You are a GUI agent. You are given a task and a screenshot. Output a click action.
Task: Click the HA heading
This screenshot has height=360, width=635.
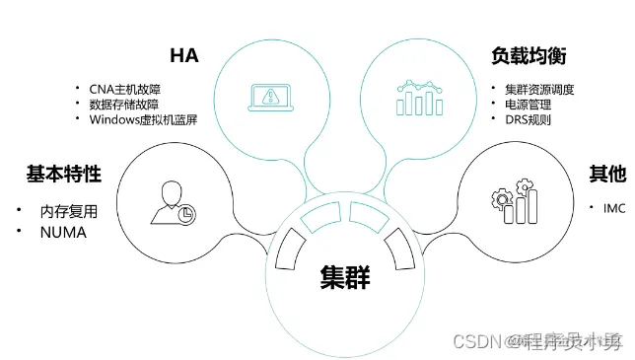click(184, 56)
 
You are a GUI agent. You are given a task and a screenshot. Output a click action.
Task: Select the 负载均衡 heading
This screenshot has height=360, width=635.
click(528, 56)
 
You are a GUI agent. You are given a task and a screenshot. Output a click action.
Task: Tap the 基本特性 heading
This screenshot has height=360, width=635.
click(63, 175)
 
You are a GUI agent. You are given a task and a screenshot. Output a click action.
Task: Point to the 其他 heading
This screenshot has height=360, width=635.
click(607, 175)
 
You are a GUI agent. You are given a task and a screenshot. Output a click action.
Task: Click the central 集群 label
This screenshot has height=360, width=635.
click(344, 278)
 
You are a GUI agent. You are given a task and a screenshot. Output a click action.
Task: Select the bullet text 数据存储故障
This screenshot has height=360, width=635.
click(123, 105)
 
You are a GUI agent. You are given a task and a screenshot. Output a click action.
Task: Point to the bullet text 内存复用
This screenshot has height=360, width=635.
click(69, 211)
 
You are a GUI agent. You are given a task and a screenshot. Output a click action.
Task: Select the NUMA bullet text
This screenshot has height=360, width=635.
click(63, 233)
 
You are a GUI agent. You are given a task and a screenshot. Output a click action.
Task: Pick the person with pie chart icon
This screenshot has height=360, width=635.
click(172, 201)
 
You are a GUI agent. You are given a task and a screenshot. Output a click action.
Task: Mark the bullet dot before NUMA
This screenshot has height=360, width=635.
click(19, 232)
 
